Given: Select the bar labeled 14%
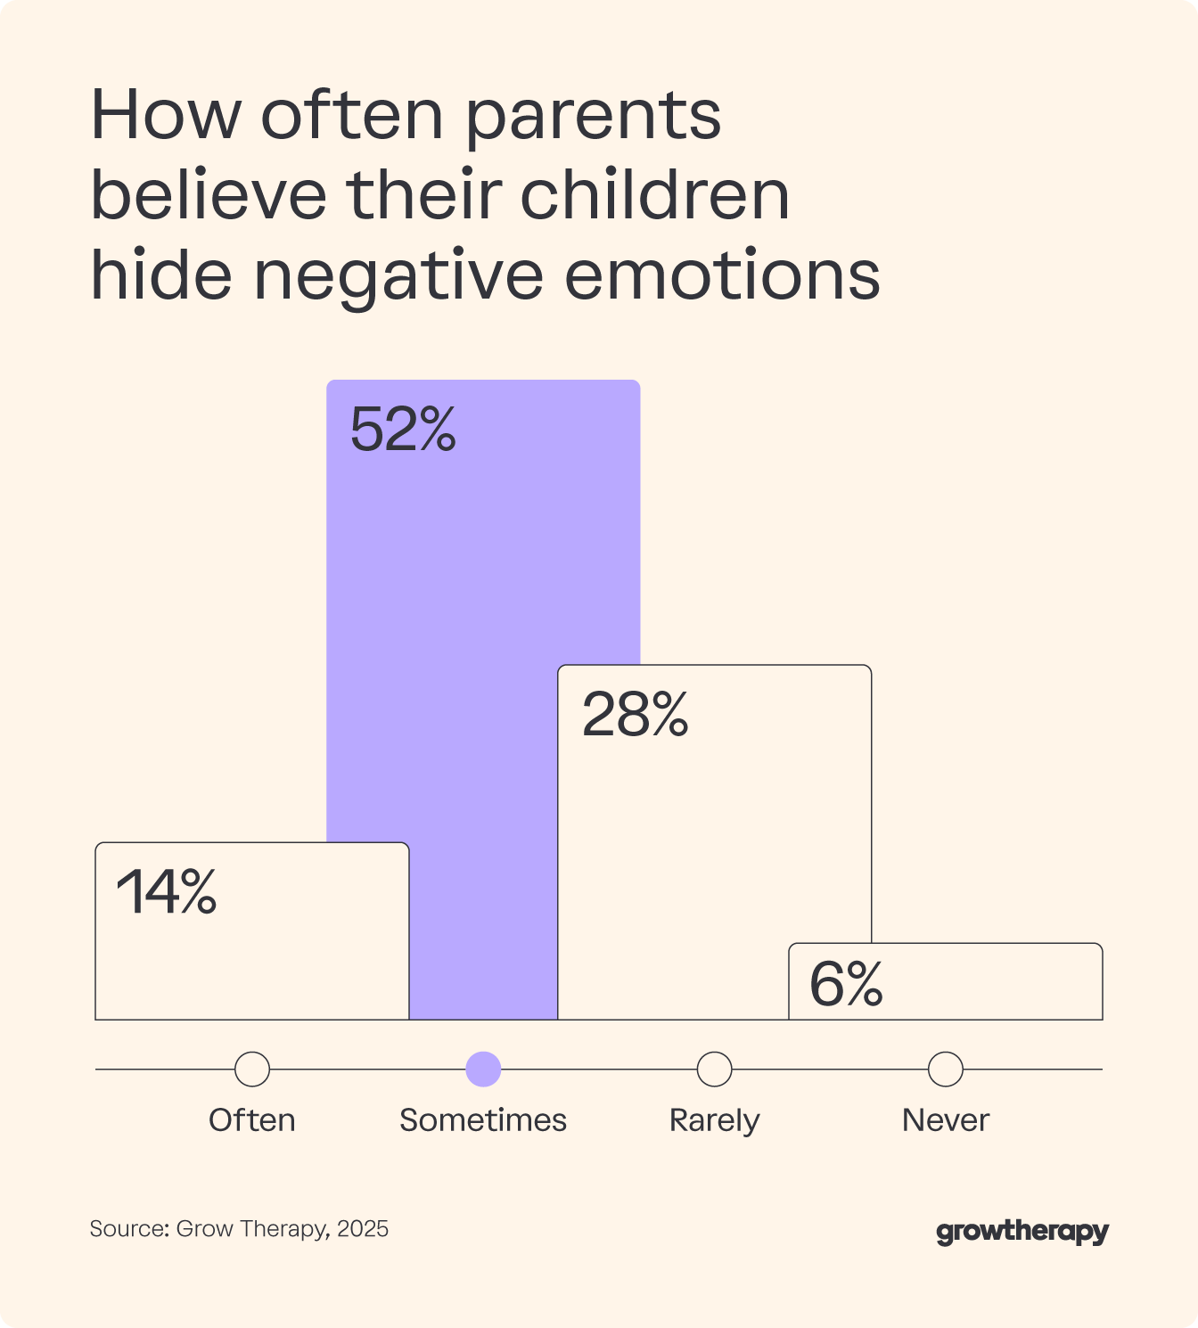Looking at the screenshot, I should click(251, 954).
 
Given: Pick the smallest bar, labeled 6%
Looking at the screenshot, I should click(946, 989).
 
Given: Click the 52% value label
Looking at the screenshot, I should click(403, 430).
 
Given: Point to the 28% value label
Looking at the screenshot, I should click(635, 715).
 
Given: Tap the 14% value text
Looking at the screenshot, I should click(167, 892).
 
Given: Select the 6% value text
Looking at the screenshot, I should click(846, 985).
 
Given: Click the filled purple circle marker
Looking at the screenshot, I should click(483, 1069).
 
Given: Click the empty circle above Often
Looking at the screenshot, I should click(252, 1069).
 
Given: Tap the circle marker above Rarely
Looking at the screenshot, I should click(714, 1069).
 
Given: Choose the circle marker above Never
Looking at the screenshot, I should click(946, 1069).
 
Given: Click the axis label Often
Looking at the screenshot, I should click(252, 1120).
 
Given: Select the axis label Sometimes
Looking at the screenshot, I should click(483, 1120).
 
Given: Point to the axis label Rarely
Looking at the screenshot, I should click(714, 1120).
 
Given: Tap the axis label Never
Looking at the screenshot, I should click(946, 1120).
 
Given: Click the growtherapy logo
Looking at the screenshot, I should click(1022, 1232).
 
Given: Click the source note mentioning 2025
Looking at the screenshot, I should click(239, 1229).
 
